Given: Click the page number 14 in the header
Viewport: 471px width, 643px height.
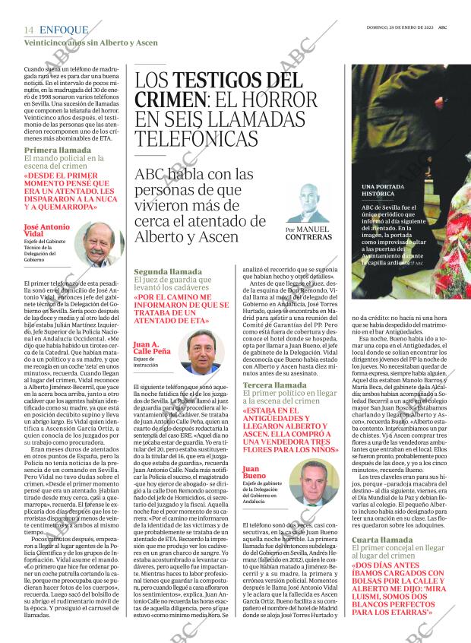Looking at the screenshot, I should pos(29,30).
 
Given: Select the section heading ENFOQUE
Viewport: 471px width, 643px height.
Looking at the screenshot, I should pos(63,30).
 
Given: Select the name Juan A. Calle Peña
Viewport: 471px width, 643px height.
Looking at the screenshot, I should pos(151,347).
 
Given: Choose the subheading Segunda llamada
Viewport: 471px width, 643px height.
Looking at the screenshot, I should pos(167,271).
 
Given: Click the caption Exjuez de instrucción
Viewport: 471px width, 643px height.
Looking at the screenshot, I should pos(148,362).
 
